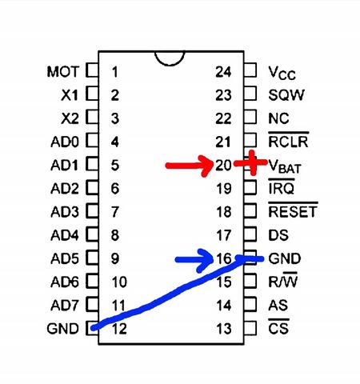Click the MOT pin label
pos(63,72)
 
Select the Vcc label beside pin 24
pos(282,73)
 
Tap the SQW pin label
pos(286,95)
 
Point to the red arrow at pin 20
pos(190,166)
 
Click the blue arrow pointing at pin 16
pos(194,260)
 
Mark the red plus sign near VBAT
pos(251,162)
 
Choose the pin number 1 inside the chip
pos(114,72)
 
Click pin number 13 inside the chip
pos(224,329)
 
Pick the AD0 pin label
pos(65,142)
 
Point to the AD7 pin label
pos(65,306)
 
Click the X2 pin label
pos(70,118)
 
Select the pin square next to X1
pos(92,94)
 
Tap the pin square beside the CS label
pos(250,328)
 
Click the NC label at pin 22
pos(278,118)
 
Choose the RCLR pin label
pos(288,141)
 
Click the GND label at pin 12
pos(63,329)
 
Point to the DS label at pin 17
pos(278,235)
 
